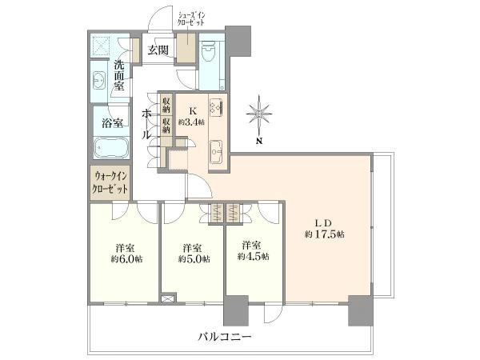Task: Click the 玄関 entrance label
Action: click(x=157, y=50)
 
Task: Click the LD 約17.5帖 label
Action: click(x=324, y=228)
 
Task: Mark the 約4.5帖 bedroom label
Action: click(x=253, y=250)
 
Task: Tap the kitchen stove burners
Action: click(x=215, y=106)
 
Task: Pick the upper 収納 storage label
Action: click(x=166, y=103)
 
